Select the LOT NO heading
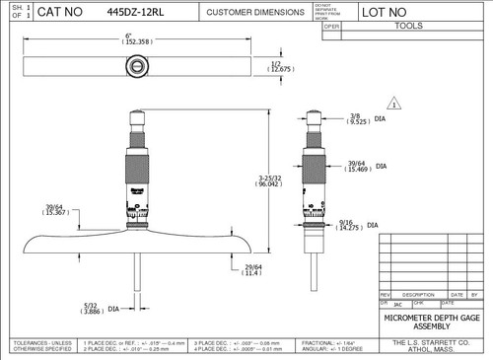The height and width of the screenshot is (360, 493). tap(384, 13)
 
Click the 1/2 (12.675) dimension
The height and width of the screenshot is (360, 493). tap(282, 67)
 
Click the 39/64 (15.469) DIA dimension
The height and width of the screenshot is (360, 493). tap(365, 168)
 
